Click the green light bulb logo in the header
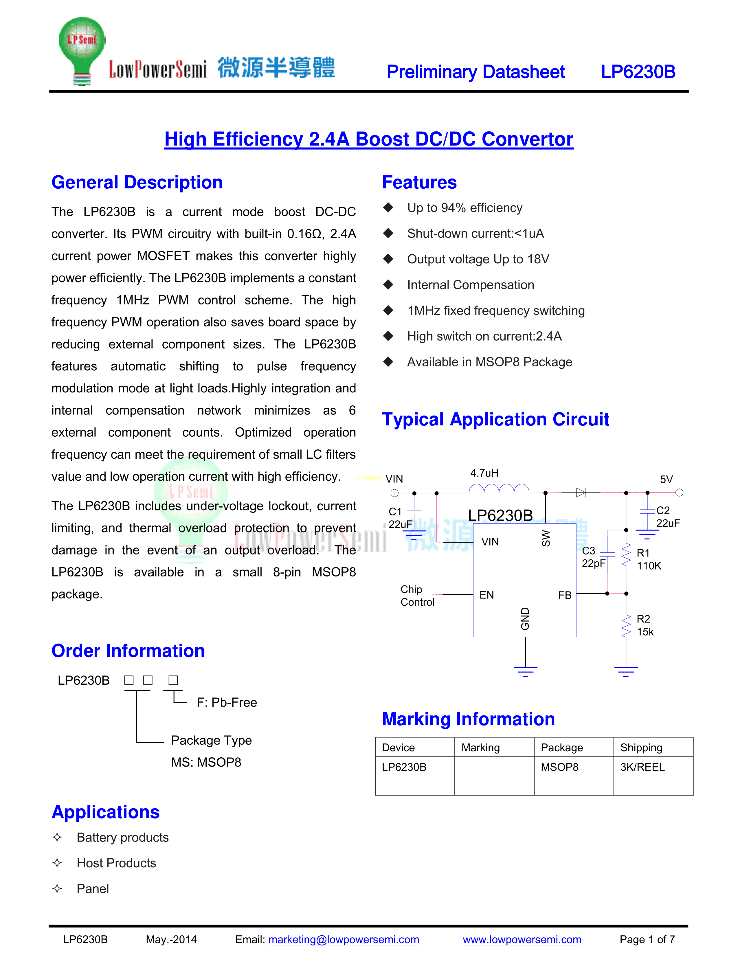[82, 50]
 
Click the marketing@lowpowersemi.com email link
[344, 939]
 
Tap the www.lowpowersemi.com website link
[522, 939]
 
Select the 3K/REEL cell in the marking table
[642, 767]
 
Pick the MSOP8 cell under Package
[560, 767]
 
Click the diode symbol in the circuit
[581, 493]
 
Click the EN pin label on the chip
[487, 595]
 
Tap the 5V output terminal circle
[679, 493]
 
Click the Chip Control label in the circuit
[417, 596]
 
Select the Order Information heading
[128, 651]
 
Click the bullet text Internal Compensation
[470, 285]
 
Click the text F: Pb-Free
[227, 702]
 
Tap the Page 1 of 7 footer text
[647, 939]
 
